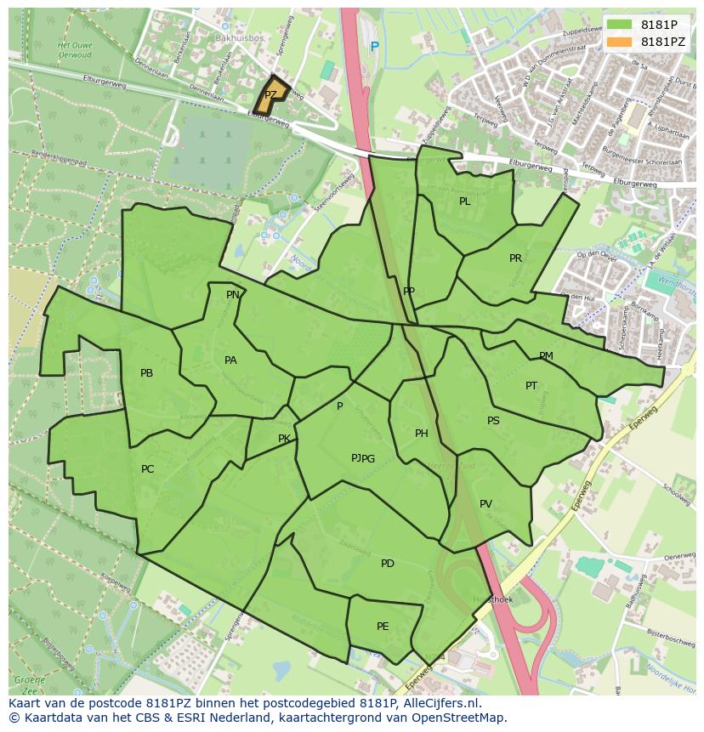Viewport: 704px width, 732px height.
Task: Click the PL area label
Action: [464, 201]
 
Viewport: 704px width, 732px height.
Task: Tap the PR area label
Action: [515, 258]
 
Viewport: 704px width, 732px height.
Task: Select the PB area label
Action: [146, 373]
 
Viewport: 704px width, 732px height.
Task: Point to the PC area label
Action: [147, 469]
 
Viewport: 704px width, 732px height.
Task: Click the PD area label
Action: [387, 564]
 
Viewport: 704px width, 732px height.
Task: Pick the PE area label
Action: [383, 627]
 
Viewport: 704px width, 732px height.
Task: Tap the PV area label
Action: [485, 504]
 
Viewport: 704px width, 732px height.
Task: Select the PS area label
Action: [493, 421]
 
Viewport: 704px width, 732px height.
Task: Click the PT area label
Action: [531, 386]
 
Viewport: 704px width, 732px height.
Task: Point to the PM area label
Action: [546, 356]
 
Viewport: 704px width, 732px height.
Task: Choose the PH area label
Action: [421, 434]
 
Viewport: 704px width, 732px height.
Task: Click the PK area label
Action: [284, 440]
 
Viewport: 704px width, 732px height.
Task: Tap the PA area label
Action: [230, 360]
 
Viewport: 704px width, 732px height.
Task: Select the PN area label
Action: [232, 295]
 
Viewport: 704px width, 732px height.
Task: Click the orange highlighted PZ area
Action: [271, 96]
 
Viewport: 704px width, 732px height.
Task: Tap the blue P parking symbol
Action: [374, 47]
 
